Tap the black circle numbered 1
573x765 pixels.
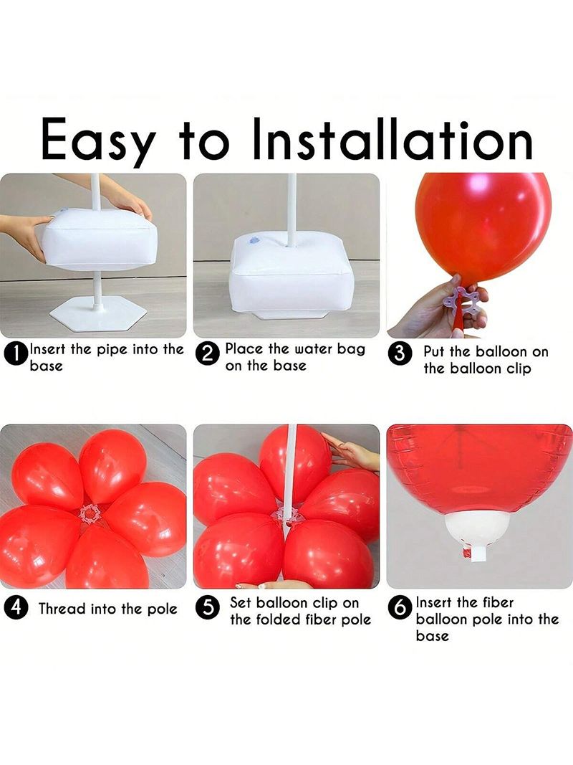(x=15, y=353)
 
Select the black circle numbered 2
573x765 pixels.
(x=206, y=354)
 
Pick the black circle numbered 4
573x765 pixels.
(x=15, y=608)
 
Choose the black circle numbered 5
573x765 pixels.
(x=206, y=608)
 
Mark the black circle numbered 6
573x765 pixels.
(x=400, y=608)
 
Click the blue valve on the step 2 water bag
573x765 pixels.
(x=251, y=239)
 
